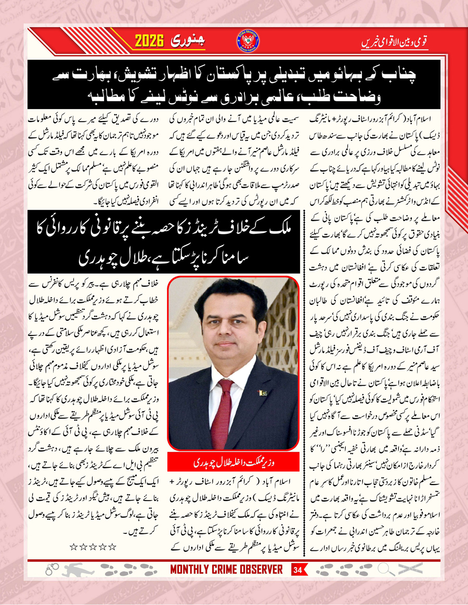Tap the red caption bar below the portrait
233,462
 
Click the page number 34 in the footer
297,570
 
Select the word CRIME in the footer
225,570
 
